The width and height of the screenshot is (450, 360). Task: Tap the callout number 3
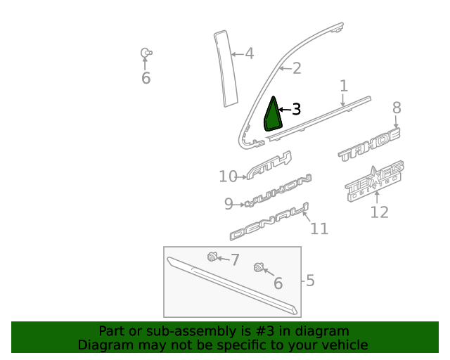point(296,110)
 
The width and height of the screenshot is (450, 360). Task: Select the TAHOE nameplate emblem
point(369,146)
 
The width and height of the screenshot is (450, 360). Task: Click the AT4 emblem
point(269,166)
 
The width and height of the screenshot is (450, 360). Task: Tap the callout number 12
point(379,212)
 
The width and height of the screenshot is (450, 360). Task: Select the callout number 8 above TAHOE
point(397,108)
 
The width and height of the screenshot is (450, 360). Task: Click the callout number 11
point(319,229)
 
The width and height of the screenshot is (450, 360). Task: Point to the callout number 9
point(229,204)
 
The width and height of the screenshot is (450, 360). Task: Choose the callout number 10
point(228,176)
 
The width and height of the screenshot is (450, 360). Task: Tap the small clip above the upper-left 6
point(146,53)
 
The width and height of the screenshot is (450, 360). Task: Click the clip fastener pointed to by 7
point(212,257)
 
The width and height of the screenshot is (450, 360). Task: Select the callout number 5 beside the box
point(310,281)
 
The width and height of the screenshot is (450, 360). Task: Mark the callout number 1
point(344,86)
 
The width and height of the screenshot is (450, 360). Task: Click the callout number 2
point(296,68)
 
